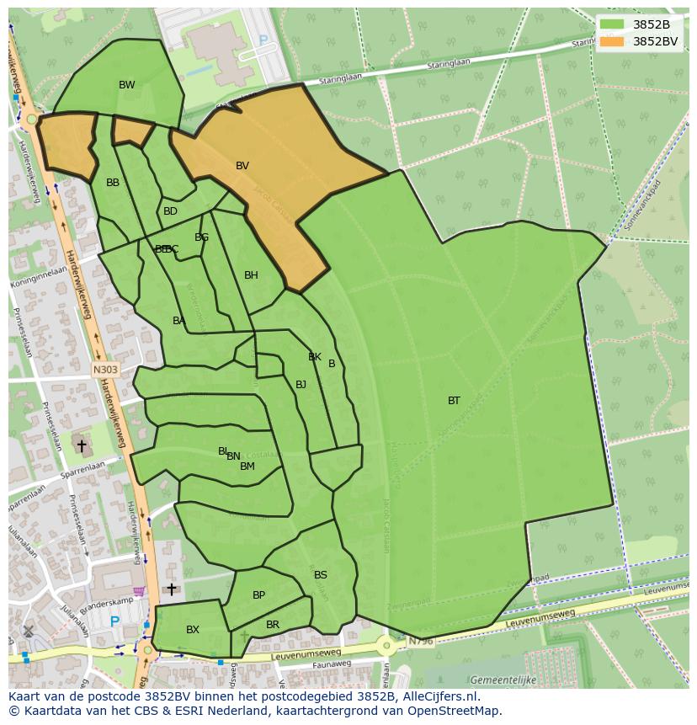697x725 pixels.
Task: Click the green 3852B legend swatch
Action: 612,24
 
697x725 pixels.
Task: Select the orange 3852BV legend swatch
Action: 612,40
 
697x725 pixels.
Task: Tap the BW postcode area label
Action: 127,85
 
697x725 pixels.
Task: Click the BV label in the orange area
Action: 242,166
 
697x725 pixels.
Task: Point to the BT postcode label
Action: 454,401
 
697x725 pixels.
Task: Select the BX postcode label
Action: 193,630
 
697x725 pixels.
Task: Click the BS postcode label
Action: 321,575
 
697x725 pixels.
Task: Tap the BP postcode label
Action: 259,595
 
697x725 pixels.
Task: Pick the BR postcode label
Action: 273,625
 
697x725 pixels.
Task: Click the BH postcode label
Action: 251,275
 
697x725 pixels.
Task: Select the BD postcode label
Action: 171,211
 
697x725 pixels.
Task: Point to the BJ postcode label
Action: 301,385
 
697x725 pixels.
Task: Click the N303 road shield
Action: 105,369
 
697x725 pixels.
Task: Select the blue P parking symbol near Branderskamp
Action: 114,622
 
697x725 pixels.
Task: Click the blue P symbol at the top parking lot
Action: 263,40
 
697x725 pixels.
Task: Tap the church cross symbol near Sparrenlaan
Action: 82,445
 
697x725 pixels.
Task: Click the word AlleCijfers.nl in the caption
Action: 438,696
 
